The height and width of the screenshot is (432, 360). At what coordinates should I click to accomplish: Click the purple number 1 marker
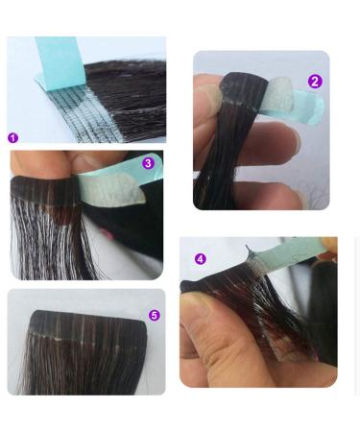click(13, 138)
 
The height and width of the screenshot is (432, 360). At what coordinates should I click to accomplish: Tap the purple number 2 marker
click(314, 83)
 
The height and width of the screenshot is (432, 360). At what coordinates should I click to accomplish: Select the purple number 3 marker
click(148, 163)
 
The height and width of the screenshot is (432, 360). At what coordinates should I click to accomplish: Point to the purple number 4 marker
click(201, 259)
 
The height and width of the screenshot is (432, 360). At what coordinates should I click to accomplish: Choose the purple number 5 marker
click(154, 315)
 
